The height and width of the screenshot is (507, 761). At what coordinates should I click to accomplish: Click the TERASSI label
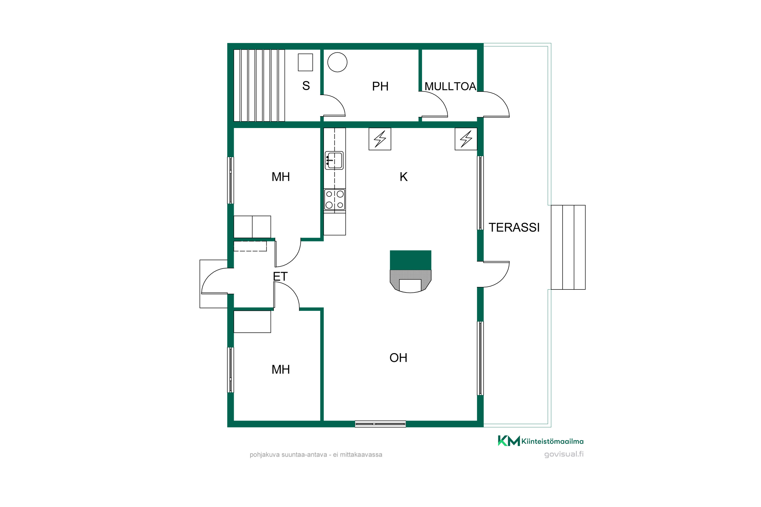[514, 227]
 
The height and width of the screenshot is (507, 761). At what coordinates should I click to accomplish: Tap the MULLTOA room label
[450, 86]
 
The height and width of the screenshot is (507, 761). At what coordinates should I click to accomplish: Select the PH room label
[380, 86]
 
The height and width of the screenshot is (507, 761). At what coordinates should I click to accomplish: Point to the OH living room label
[398, 358]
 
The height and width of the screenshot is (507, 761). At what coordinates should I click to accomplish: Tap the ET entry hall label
[280, 277]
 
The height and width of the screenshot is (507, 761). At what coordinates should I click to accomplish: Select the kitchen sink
[334, 160]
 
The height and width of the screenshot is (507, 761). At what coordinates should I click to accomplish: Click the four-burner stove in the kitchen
[335, 200]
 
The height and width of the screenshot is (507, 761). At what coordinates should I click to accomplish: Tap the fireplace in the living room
[410, 271]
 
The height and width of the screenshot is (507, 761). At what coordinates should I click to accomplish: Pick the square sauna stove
[305, 62]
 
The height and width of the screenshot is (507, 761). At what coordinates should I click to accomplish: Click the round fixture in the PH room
[337, 62]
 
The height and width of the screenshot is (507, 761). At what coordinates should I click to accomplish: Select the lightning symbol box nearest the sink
[380, 139]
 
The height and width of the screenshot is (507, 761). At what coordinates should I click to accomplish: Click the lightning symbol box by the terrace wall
[466, 139]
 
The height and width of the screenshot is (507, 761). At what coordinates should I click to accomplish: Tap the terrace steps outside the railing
[568, 247]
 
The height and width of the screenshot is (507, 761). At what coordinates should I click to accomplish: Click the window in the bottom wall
[380, 424]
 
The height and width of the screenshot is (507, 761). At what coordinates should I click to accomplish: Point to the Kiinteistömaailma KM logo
[541, 441]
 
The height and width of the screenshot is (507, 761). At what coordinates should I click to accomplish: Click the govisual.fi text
[564, 454]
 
